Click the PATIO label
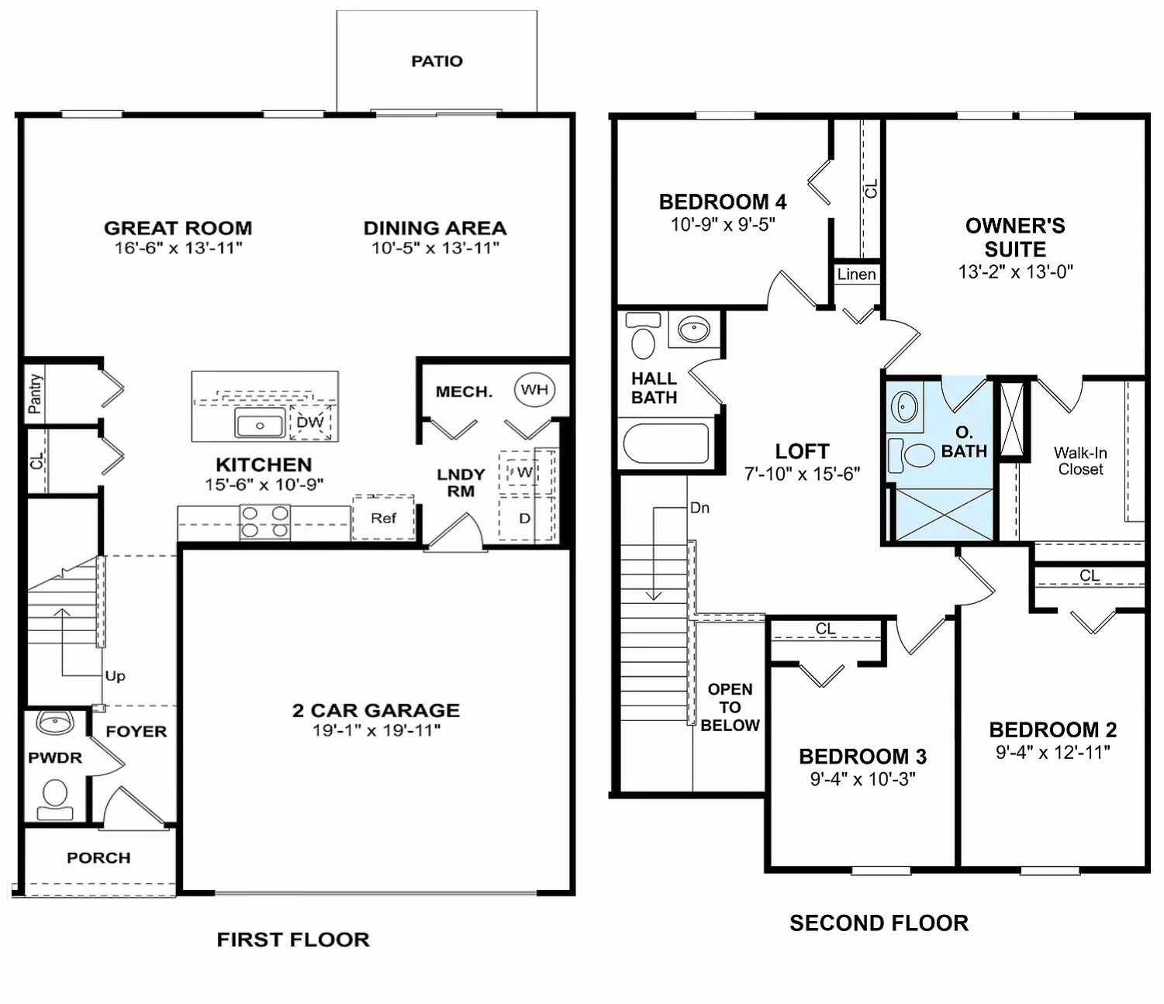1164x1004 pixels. tap(437, 61)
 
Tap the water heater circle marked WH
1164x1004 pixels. tap(534, 389)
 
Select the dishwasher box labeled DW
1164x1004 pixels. tap(310, 423)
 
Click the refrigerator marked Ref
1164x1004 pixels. tap(383, 518)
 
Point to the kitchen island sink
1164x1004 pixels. tap(260, 425)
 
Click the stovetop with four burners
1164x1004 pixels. tap(264, 522)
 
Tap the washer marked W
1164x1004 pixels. tap(524, 472)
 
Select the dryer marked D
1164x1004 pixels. tap(525, 518)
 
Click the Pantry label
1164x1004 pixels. tap(35, 393)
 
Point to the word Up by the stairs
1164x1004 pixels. tap(115, 676)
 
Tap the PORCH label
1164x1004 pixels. tap(98, 858)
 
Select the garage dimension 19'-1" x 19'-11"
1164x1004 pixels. tap(376, 730)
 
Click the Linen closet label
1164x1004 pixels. tap(856, 274)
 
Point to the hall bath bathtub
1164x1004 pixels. tap(666, 443)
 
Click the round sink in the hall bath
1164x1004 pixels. tap(693, 329)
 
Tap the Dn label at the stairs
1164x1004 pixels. tap(699, 509)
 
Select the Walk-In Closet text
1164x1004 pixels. tap(1080, 461)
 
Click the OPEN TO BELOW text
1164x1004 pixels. tap(730, 707)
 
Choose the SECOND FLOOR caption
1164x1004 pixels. tap(879, 923)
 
